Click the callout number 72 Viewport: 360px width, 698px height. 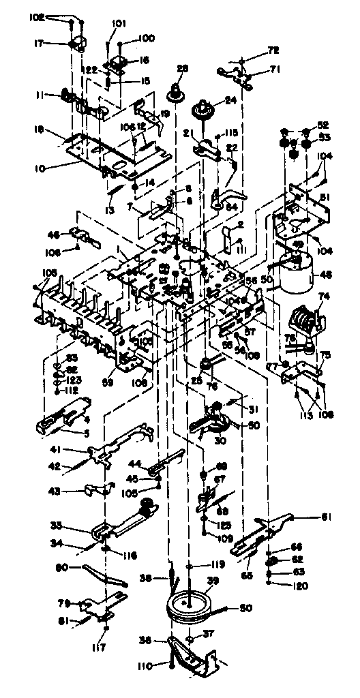coord(256,51)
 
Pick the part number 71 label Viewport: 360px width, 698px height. coord(256,69)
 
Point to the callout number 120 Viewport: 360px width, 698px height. coord(299,586)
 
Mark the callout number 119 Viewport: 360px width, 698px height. coord(217,565)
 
